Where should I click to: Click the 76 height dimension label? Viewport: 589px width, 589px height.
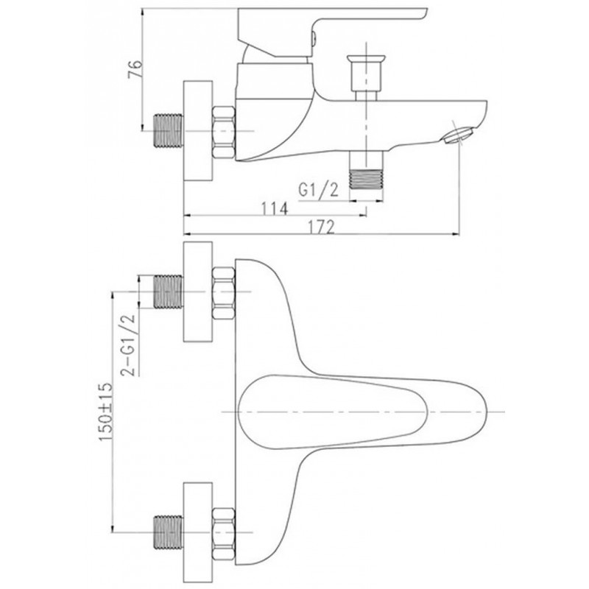point(135,68)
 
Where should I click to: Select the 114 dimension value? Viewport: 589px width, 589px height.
point(274,208)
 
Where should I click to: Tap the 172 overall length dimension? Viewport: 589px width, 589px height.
point(321,227)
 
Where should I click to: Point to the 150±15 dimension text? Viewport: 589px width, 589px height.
point(105,412)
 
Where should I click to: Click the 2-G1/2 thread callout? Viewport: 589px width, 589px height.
point(127,345)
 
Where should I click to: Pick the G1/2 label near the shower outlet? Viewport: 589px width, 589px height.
point(318,190)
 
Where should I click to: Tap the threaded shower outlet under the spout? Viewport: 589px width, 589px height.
point(366,179)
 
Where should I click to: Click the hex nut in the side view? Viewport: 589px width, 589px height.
point(224,132)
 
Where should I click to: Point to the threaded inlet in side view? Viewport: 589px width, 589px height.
point(169,131)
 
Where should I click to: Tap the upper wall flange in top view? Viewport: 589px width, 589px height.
point(198,292)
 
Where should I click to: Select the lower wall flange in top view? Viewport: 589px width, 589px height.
point(198,532)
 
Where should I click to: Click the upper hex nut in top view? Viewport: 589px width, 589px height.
point(224,293)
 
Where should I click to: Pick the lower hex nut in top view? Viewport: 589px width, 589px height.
point(224,535)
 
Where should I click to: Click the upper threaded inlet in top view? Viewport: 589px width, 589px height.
point(169,292)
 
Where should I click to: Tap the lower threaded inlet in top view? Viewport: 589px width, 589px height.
point(169,532)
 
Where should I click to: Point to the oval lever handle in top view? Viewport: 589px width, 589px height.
point(333,412)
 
